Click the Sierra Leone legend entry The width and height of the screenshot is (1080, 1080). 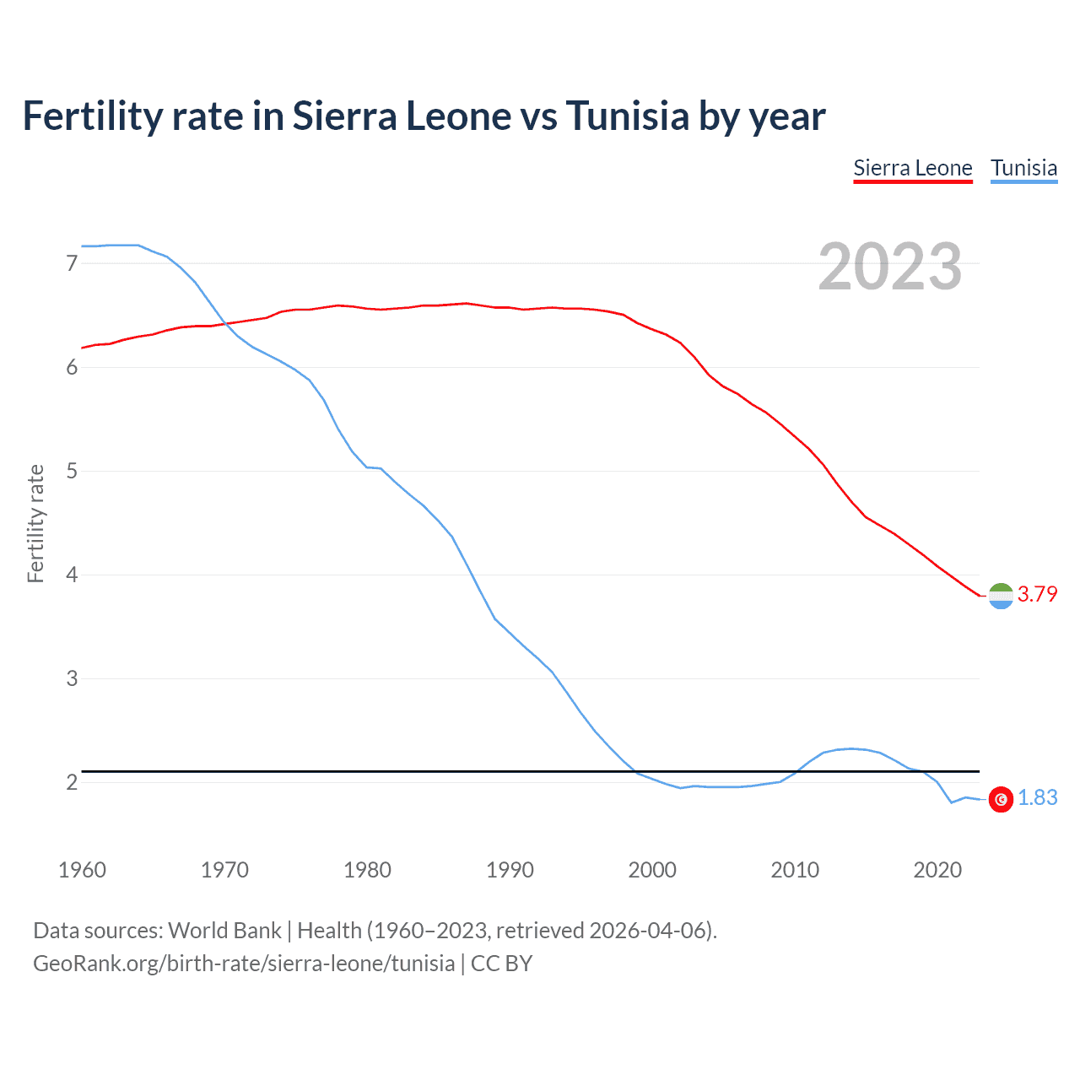point(913,168)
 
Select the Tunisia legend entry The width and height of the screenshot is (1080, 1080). point(1023,168)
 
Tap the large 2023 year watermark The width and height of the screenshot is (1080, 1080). point(890,267)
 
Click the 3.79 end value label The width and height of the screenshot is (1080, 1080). point(1037,594)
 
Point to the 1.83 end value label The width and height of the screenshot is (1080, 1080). point(1037,797)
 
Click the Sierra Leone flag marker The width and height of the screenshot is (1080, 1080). point(1001,596)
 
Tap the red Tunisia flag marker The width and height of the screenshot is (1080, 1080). point(1001,799)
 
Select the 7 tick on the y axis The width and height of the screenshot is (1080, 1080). point(72,263)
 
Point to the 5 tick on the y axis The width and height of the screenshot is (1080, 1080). point(72,471)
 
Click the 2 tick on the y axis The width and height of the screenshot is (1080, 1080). point(72,782)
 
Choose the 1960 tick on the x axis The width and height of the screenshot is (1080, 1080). point(82,870)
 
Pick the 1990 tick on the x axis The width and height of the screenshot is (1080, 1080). point(510,870)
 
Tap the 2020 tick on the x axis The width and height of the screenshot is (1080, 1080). point(937,870)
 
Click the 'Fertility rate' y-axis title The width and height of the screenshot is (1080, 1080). point(35,523)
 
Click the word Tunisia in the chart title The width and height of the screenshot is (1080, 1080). point(628,116)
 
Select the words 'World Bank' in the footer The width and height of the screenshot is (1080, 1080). point(224,931)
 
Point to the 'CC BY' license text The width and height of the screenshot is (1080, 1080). point(501,964)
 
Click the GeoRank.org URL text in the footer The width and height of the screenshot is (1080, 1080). point(244,964)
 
